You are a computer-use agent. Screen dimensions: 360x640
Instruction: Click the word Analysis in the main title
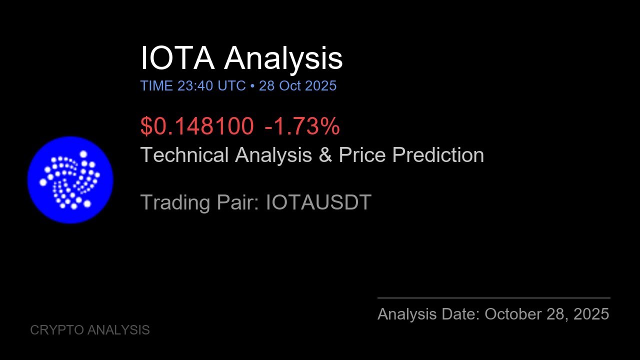coord(283,58)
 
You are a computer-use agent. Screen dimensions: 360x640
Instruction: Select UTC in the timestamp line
coord(231,86)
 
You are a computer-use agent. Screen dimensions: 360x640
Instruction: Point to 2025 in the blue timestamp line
coord(320,86)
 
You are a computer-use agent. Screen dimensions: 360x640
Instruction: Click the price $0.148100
coord(197,126)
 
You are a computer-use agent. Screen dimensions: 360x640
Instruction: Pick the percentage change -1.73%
coord(302,126)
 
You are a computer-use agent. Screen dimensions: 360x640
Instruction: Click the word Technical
coord(185,155)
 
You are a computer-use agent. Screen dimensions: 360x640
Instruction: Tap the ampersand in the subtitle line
coord(325,155)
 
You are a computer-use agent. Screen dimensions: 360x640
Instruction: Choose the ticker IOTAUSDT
coord(318,202)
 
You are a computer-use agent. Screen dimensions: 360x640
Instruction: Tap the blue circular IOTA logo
coord(70,179)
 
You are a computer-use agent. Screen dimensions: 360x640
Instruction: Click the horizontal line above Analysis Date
coord(493,298)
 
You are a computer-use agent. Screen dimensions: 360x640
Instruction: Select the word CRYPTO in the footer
coord(56,330)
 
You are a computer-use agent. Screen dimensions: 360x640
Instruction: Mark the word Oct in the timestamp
coord(290,86)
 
